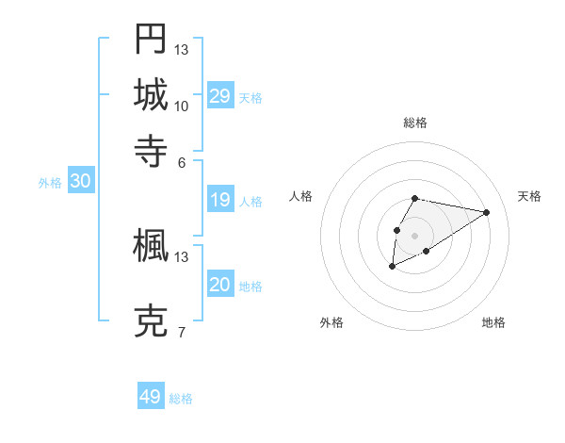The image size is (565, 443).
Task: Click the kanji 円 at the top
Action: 151,39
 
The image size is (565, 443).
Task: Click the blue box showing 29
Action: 220,96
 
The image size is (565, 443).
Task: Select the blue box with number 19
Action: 220,200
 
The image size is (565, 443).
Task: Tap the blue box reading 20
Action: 220,285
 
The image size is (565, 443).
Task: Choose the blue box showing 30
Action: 80,182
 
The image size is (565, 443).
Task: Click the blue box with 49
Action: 151,397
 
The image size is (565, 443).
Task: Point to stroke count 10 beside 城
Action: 182,106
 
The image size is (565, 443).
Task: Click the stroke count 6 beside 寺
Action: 182,161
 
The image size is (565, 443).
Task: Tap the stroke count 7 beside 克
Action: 182,333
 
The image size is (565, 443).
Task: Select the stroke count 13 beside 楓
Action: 182,256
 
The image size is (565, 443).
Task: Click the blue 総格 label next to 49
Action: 181,399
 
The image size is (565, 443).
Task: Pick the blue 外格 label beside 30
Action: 50,183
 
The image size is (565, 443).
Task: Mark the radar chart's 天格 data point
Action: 487,213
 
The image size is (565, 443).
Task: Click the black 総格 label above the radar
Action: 415,123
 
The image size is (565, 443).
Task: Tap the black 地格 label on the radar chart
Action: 493,323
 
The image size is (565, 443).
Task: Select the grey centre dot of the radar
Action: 415,235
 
